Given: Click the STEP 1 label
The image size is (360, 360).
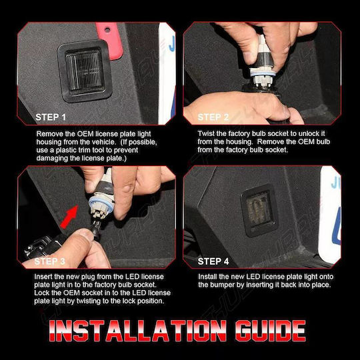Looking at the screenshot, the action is click(x=51, y=117).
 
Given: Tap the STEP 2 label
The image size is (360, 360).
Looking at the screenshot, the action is click(x=213, y=117).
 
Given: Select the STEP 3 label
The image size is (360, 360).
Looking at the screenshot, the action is click(x=49, y=261).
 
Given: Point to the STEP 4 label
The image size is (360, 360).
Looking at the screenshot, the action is click(x=213, y=261).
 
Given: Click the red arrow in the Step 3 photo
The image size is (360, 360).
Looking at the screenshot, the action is click(x=69, y=217).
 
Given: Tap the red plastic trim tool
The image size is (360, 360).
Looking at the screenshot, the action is click(x=109, y=41).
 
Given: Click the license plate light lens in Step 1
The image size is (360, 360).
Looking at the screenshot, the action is click(x=85, y=71).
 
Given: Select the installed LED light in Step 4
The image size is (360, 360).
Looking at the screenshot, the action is click(x=260, y=210).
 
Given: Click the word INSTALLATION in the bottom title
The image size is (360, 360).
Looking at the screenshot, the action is click(x=137, y=331).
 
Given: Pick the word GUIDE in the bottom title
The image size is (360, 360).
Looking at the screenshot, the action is click(x=271, y=331).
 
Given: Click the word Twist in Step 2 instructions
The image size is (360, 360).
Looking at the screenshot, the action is click(x=206, y=133).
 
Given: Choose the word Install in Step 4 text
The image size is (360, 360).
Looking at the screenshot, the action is click(x=207, y=277).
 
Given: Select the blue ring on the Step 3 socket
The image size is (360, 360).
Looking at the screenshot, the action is click(x=101, y=203).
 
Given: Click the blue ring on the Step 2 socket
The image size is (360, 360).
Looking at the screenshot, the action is click(x=263, y=73).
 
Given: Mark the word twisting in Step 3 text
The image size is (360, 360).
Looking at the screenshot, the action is click(x=89, y=301).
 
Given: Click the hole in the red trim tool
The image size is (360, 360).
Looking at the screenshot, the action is click(x=107, y=29).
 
